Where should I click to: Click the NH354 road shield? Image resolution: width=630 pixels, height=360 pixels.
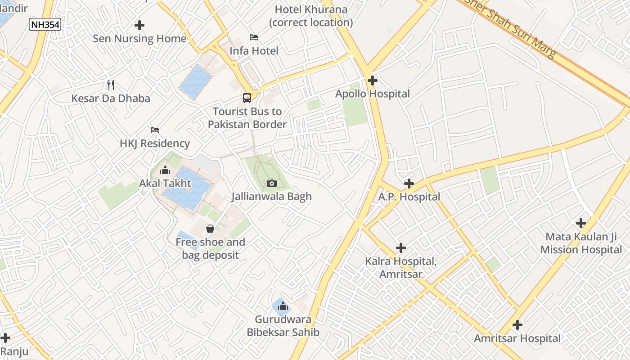(45, 24)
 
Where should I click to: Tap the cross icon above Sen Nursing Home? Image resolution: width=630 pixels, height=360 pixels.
(139, 25)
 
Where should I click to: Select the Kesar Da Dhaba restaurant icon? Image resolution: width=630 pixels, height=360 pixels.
(111, 85)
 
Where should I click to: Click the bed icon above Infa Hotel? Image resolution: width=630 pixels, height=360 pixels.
(254, 37)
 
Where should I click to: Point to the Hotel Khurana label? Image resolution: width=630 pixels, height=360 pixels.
(311, 16)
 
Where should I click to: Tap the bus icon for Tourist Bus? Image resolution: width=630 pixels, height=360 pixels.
(247, 98)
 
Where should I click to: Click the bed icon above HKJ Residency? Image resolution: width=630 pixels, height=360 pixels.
(155, 130)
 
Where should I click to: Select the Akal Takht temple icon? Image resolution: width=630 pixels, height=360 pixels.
(165, 170)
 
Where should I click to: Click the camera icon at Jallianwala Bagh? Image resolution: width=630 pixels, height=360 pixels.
(271, 183)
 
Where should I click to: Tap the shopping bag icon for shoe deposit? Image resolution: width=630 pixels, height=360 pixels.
(210, 229)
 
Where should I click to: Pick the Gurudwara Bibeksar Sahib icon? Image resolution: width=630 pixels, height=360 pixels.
(283, 306)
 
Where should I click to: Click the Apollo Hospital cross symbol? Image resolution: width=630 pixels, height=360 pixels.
(372, 81)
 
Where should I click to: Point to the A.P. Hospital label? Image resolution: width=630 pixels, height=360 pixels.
(409, 197)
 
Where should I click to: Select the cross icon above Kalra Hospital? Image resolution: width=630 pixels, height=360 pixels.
(400, 248)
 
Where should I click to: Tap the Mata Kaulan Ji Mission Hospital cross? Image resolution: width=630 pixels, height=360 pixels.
(581, 223)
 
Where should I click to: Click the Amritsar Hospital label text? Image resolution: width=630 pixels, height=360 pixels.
(517, 338)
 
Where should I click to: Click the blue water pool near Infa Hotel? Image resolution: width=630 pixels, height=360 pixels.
(196, 81)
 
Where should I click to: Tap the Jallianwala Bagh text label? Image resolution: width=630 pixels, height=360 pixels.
(271, 197)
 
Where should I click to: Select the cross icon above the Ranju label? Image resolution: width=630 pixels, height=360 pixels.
(5, 337)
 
